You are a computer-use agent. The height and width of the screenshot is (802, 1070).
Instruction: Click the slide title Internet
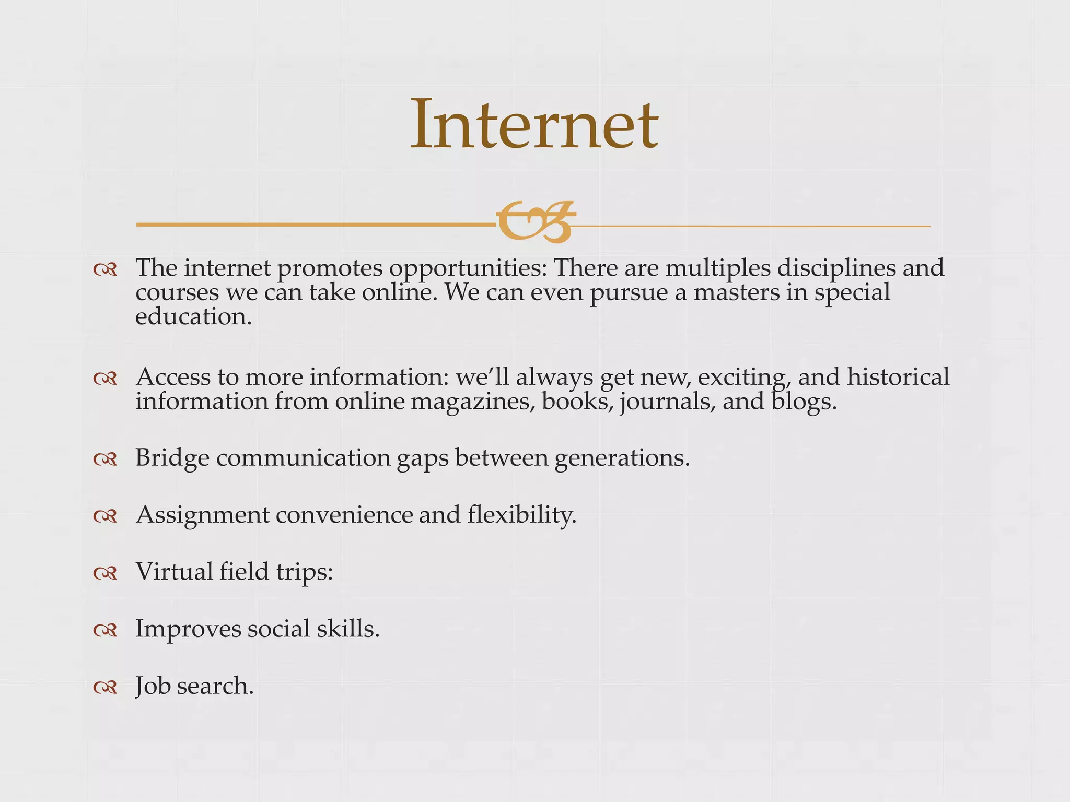tap(534, 125)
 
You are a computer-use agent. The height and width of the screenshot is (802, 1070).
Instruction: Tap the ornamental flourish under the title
tap(535, 222)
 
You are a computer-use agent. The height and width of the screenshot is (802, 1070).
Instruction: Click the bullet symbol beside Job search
tap(105, 688)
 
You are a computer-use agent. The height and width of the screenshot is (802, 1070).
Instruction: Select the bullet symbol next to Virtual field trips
tap(105, 574)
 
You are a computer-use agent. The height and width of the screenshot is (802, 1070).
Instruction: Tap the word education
tap(193, 316)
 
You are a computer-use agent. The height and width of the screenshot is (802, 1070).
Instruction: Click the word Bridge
tap(172, 458)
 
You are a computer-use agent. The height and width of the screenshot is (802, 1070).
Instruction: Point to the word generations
tap(622, 458)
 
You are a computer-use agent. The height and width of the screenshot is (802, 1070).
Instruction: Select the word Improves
tap(188, 629)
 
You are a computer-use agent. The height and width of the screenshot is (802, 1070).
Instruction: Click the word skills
tap(348, 629)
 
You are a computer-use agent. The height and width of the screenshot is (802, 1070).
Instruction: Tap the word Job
tap(153, 686)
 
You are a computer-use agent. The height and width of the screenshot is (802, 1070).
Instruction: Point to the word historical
tap(898, 377)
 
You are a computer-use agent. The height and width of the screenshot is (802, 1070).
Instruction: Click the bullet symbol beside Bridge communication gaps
tap(105, 459)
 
